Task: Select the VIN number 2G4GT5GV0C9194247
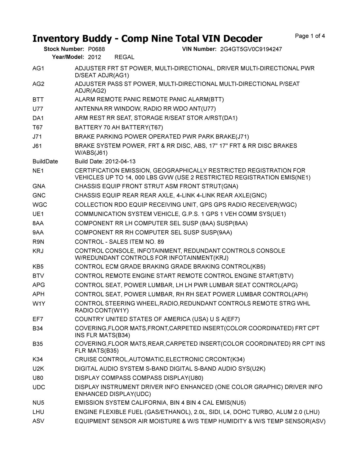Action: coord(251,49)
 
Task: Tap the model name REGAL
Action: coord(124,57)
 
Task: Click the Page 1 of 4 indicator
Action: coord(310,36)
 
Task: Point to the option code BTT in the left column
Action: coord(38,100)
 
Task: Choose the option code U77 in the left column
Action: coord(38,109)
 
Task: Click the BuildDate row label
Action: coord(45,162)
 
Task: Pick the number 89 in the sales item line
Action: coord(161,242)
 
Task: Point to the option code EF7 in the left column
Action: coord(38,319)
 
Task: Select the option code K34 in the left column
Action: coord(38,360)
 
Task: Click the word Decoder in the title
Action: coord(240,39)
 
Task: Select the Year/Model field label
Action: coord(68,57)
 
